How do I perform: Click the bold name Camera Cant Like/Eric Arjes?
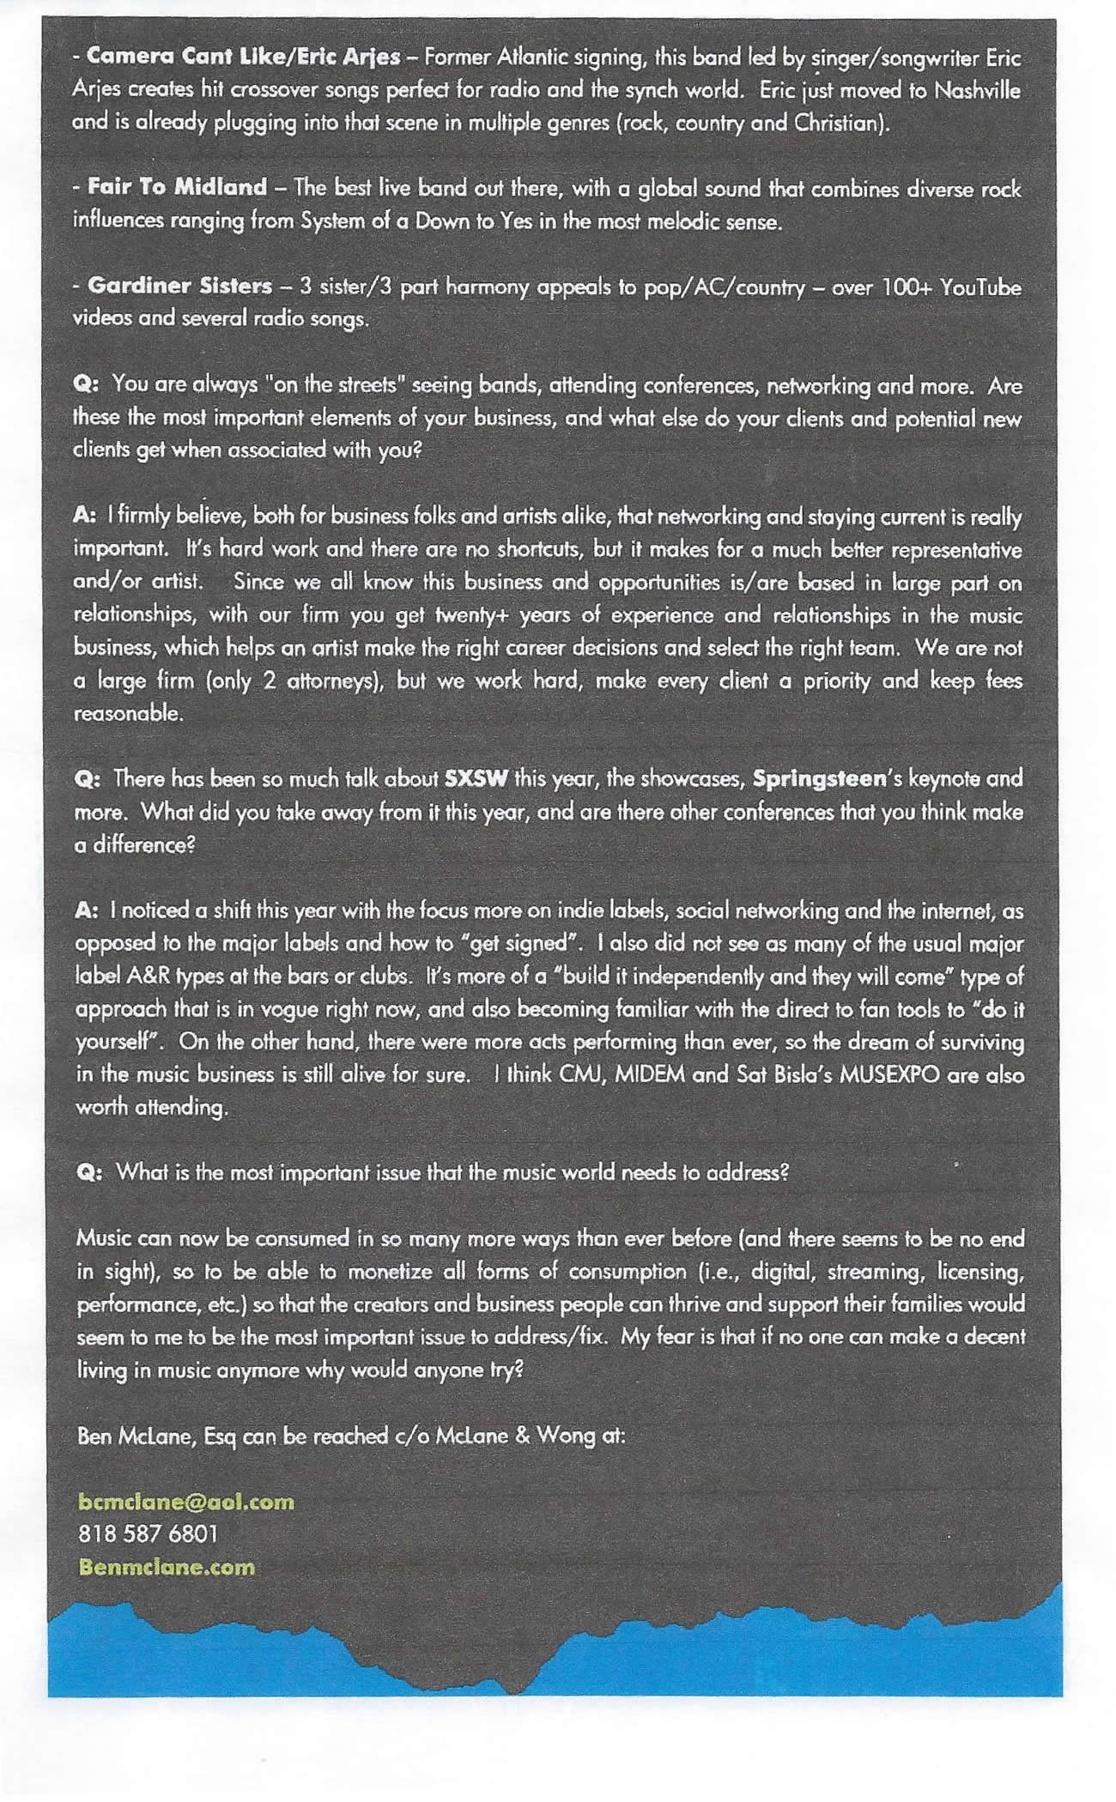point(244,57)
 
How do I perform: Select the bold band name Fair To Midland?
point(177,187)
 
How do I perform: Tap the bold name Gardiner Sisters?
point(179,286)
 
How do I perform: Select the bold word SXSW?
point(476,779)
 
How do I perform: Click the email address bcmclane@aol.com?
point(185,1502)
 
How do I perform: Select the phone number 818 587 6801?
point(148,1533)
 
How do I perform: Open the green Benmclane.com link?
point(167,1567)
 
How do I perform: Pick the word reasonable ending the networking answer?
point(128,713)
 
